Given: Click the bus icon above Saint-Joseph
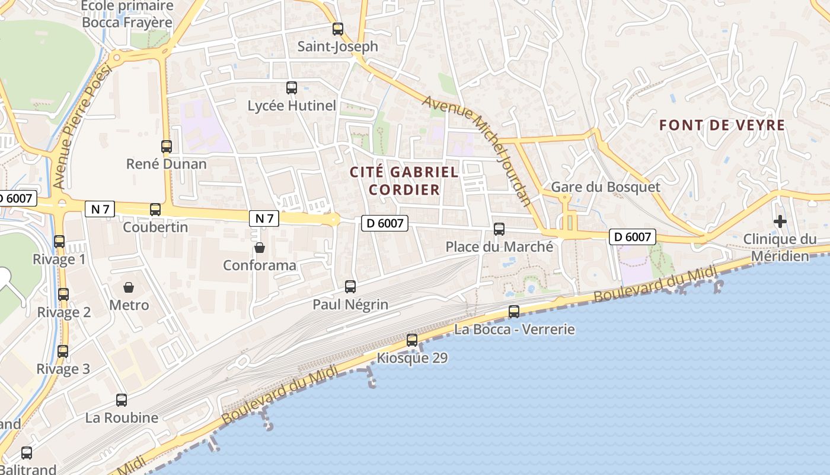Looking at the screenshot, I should click(338, 28).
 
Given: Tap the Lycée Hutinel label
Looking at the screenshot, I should click(292, 106).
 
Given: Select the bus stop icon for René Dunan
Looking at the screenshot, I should click(167, 146).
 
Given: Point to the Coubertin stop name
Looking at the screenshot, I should click(155, 227).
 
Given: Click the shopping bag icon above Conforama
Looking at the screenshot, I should click(259, 247).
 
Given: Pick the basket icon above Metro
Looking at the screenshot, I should click(129, 287).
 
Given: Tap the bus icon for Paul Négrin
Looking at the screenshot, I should click(350, 287).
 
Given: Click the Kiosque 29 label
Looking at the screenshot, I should click(412, 358).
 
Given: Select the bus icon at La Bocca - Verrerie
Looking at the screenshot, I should click(514, 312).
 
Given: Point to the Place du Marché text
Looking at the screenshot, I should click(499, 246).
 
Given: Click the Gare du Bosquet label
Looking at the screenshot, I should click(605, 187).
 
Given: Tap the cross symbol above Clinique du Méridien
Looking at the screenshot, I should click(780, 222).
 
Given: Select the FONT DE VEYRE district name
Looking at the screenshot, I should click(722, 125).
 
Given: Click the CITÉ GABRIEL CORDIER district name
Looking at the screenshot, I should click(404, 181).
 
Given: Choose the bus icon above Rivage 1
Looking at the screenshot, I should click(59, 242).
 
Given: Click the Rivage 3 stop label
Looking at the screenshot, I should click(63, 369).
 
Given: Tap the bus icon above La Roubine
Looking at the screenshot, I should click(122, 400).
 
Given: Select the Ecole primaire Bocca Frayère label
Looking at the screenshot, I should click(127, 14).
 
